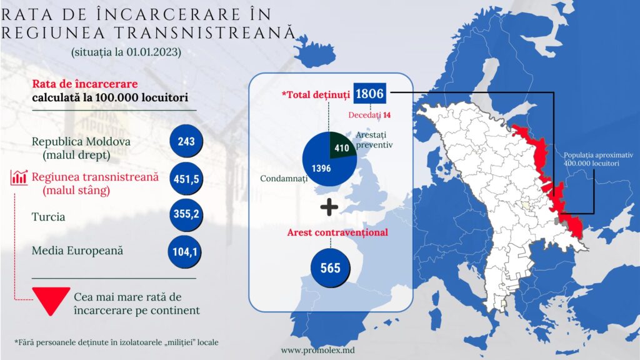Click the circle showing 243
(186, 141)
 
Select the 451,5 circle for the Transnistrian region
(186, 179)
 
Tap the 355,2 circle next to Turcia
(186, 214)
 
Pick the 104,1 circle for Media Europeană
(184, 251)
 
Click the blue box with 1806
(370, 94)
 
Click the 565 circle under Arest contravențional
(330, 267)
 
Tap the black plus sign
(329, 207)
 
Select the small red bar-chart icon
(19, 177)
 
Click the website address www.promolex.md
(317, 350)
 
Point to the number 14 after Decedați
(386, 115)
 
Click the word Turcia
(48, 217)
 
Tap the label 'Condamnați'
(284, 179)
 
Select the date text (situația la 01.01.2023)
(126, 52)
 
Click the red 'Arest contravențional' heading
(337, 232)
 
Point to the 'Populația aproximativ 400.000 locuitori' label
(598, 159)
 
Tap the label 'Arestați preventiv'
(374, 139)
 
